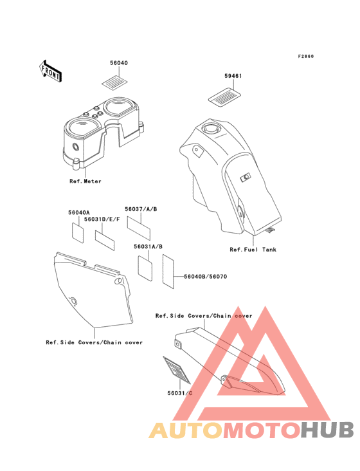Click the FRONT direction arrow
50,71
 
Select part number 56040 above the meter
119,63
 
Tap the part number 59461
233,76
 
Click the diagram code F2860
306,56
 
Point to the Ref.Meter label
85,181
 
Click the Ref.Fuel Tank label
253,250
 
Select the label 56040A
79,213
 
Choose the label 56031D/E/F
102,219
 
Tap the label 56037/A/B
141,209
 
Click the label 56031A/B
148,246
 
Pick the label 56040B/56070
206,276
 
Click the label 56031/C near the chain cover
180,393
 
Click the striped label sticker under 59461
225,97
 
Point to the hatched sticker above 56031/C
177,370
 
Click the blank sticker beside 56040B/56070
168,272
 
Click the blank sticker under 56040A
78,232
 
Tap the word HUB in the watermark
327,430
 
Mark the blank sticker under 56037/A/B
139,228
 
